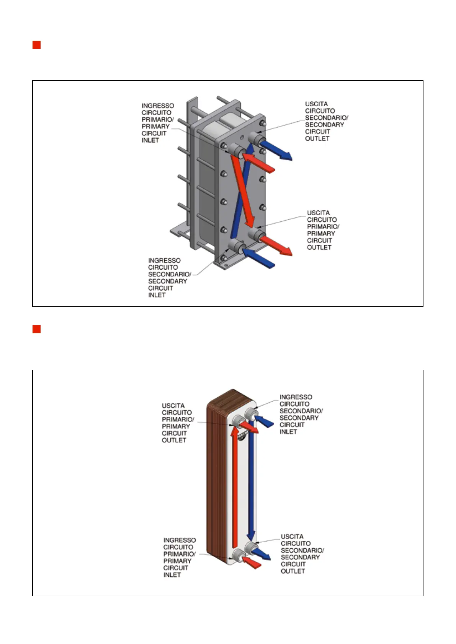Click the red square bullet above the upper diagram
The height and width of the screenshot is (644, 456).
[36, 45]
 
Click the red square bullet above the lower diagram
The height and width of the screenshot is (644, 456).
[36, 329]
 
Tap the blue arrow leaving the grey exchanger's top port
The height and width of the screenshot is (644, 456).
[276, 150]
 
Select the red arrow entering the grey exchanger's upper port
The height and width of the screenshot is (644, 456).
[258, 163]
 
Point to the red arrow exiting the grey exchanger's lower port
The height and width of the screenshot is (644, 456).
[276, 246]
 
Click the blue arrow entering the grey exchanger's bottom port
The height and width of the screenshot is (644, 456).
[258, 259]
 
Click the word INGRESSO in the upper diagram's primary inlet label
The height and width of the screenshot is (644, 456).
[158, 106]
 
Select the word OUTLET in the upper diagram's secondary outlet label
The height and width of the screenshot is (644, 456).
[317, 138]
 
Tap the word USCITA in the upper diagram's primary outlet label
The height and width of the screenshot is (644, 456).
[319, 213]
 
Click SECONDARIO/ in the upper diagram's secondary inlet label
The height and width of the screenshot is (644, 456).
[170, 274]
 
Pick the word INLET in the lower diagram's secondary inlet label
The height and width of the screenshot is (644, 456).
[288, 431]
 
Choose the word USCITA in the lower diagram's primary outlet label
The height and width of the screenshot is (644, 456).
[173, 406]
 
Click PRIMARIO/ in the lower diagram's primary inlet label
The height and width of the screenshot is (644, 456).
[179, 554]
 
